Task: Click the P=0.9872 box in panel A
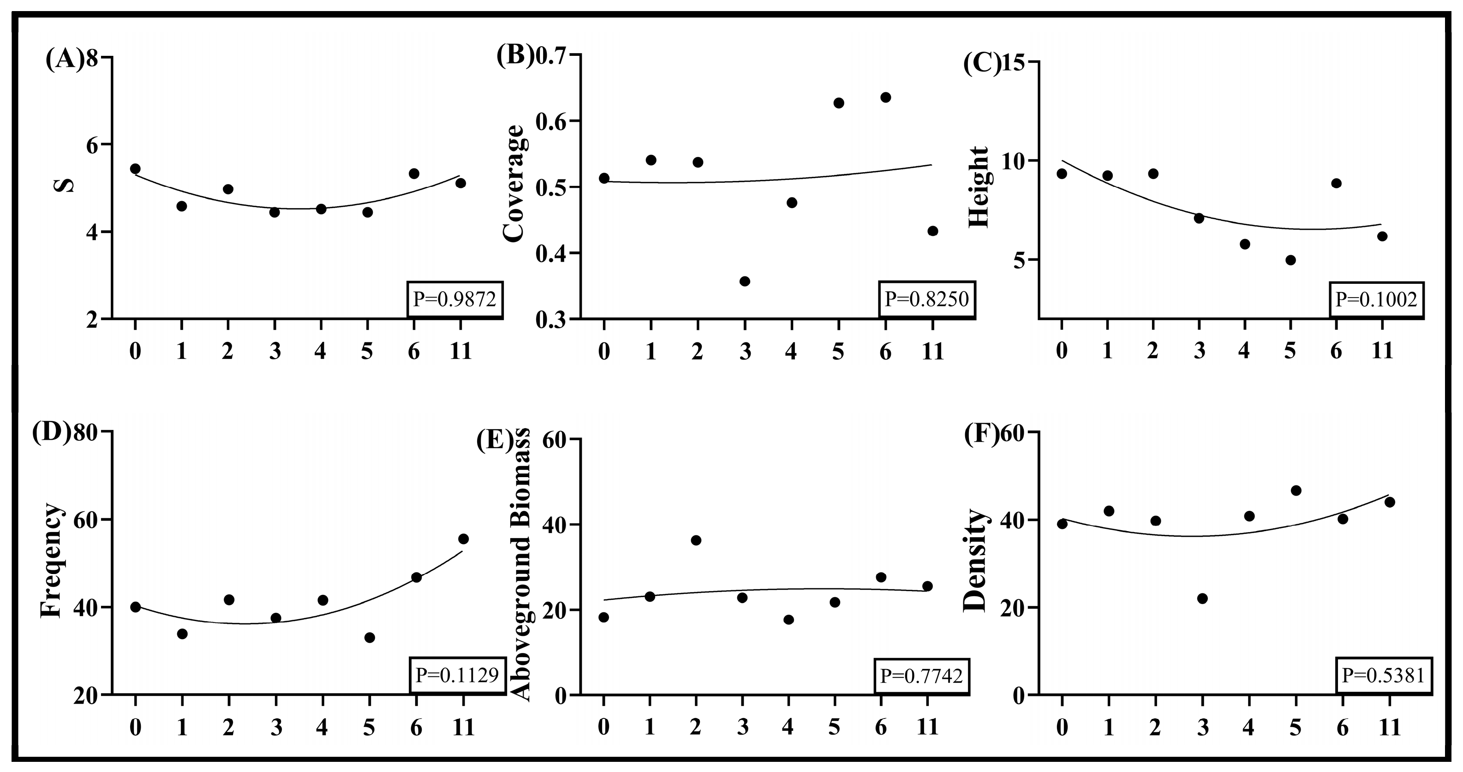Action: point(455,298)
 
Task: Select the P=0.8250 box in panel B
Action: point(927,298)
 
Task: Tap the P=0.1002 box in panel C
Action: point(1375,299)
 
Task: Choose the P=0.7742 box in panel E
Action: point(922,676)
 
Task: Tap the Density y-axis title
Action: point(976,560)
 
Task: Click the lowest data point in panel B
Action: point(745,281)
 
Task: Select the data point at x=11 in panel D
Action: point(463,539)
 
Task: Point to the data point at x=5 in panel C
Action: point(1290,260)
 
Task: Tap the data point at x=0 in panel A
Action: point(135,169)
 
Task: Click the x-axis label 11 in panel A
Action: point(460,352)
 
